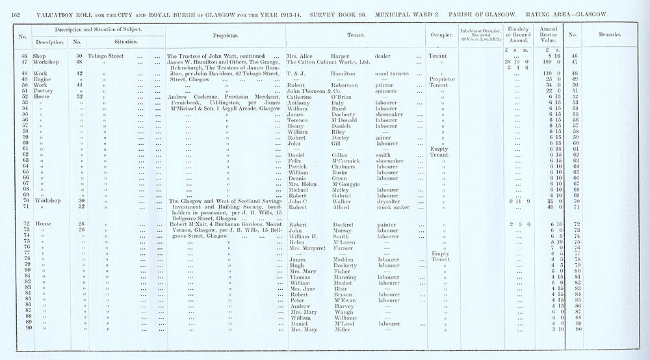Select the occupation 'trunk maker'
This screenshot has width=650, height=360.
pyautogui.click(x=391, y=207)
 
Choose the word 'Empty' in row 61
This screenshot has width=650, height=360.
pyautogui.click(x=439, y=149)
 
